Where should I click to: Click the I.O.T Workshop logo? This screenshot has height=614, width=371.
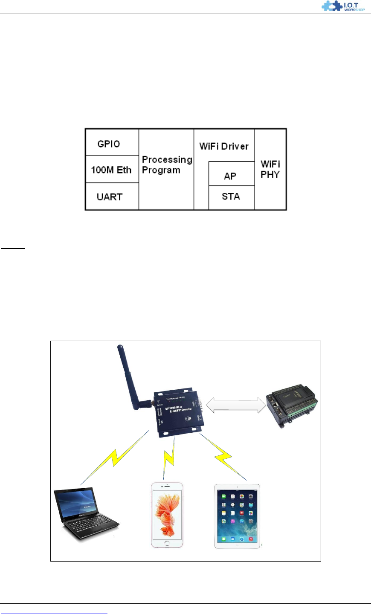343,6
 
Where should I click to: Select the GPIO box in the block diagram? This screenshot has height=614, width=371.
112,143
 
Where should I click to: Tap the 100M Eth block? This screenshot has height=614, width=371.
112,169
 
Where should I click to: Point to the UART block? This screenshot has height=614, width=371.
112,197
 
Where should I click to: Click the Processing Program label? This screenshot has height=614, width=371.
166,165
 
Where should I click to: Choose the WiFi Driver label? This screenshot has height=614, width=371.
224,146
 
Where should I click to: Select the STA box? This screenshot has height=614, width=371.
231,197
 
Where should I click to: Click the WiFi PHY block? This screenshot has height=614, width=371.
270,169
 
